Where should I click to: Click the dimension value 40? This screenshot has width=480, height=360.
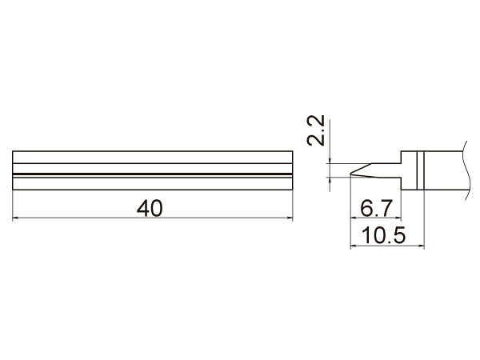(150, 209)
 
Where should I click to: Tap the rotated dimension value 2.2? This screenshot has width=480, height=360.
(316, 130)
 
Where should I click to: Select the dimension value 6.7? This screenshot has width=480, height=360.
(376, 208)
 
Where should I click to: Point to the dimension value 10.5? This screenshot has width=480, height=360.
(383, 235)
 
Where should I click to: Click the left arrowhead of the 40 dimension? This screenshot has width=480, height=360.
(15, 218)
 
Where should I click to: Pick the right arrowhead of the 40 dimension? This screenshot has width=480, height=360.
(290, 218)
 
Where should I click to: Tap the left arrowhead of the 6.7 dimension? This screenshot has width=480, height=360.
(354, 218)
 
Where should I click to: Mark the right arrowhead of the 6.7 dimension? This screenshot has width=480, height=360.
(398, 218)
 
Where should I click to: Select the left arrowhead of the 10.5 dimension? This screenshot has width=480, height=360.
(354, 246)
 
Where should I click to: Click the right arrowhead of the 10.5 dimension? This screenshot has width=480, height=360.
(422, 246)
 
